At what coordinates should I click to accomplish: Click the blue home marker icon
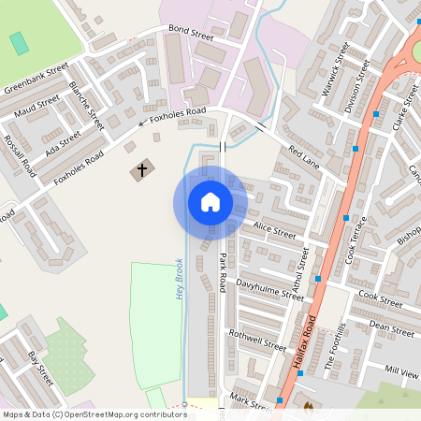click(x=210, y=202)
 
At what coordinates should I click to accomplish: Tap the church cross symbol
click(x=142, y=170)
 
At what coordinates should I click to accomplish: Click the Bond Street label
click(x=191, y=35)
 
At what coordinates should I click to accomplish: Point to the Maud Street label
click(x=36, y=104)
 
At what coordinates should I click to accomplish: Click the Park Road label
click(x=223, y=271)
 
